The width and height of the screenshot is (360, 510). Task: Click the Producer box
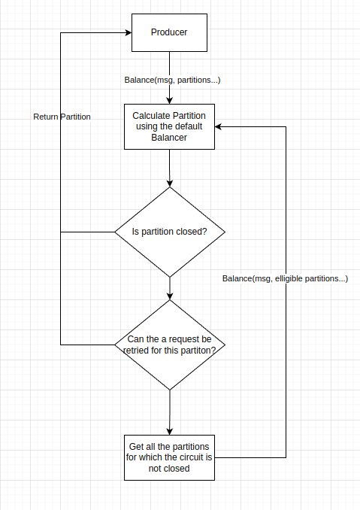(170, 32)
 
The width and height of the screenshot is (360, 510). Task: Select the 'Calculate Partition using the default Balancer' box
(170, 126)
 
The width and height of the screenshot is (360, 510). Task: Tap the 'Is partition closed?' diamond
(170, 232)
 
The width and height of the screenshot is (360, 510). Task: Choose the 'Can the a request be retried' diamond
(170, 345)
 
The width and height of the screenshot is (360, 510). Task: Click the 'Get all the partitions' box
(170, 457)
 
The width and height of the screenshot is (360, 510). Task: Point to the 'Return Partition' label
(62, 117)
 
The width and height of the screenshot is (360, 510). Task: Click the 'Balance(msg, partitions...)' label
(172, 80)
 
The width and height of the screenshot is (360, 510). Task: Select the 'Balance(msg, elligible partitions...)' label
(285, 278)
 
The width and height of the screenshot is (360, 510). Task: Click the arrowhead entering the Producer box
(127, 33)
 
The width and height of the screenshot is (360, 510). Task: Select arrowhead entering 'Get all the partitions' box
(170, 430)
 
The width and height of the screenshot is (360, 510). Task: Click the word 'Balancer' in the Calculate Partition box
(169, 138)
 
